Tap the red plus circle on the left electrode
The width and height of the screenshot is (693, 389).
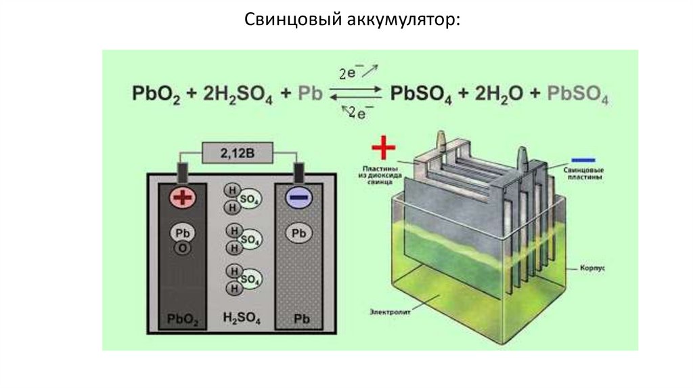(181, 198)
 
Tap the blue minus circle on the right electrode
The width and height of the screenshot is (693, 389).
(298, 198)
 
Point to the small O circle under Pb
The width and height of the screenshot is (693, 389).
(182, 248)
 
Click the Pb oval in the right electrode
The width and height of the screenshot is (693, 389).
(298, 234)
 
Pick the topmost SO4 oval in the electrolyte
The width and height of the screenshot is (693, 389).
(251, 201)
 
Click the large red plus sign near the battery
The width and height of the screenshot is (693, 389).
(383, 146)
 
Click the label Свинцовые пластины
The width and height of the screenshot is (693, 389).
(583, 172)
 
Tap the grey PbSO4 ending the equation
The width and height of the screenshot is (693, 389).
(577, 94)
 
